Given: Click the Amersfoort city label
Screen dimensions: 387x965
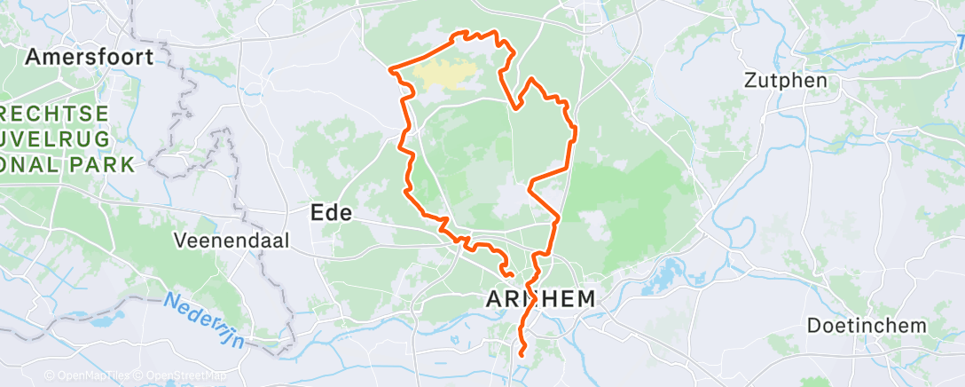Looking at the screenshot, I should pos(90,58).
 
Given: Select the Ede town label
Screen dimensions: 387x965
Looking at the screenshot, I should pos(331,213).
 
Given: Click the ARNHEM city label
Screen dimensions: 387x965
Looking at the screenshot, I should pos(540,299).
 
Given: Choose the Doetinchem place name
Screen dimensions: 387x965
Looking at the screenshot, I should pos(867,326).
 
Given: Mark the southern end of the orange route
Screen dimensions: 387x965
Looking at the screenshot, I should pos(521,355).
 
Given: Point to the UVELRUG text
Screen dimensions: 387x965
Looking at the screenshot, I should pos(58,139).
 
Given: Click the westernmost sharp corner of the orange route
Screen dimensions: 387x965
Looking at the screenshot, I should pos(391,68).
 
